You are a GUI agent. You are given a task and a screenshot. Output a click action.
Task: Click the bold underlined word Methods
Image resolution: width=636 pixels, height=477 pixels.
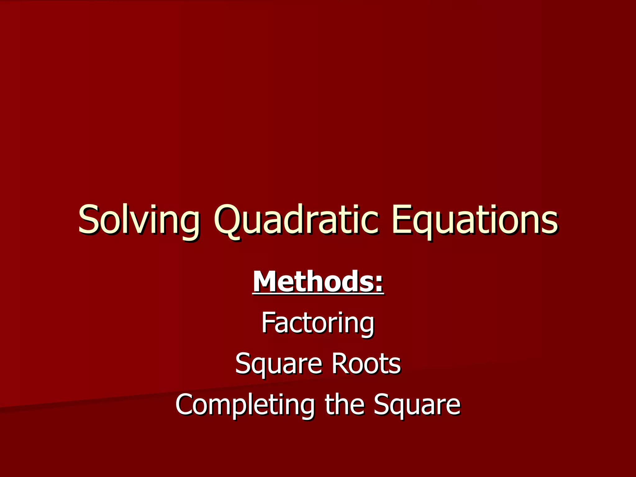coord(318,281)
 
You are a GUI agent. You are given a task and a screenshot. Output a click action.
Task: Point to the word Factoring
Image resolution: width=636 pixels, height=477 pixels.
coord(318,324)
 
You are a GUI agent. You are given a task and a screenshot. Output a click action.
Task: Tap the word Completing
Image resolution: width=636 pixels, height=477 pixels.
coord(245,405)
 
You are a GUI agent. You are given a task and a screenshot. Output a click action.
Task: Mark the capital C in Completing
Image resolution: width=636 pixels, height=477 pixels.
coord(185,404)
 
